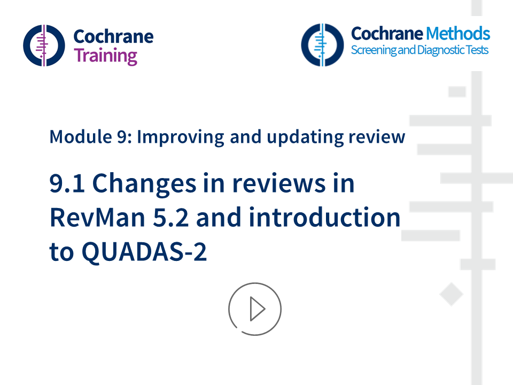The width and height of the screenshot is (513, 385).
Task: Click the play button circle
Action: click(255, 309)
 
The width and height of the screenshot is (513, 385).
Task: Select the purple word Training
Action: click(105, 56)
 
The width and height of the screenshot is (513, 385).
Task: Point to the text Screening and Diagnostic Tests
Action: click(419, 51)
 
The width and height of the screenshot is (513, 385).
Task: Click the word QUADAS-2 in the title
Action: click(144, 252)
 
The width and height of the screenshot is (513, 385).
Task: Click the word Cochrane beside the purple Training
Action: click(113, 36)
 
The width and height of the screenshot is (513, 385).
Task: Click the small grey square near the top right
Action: click(457, 91)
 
